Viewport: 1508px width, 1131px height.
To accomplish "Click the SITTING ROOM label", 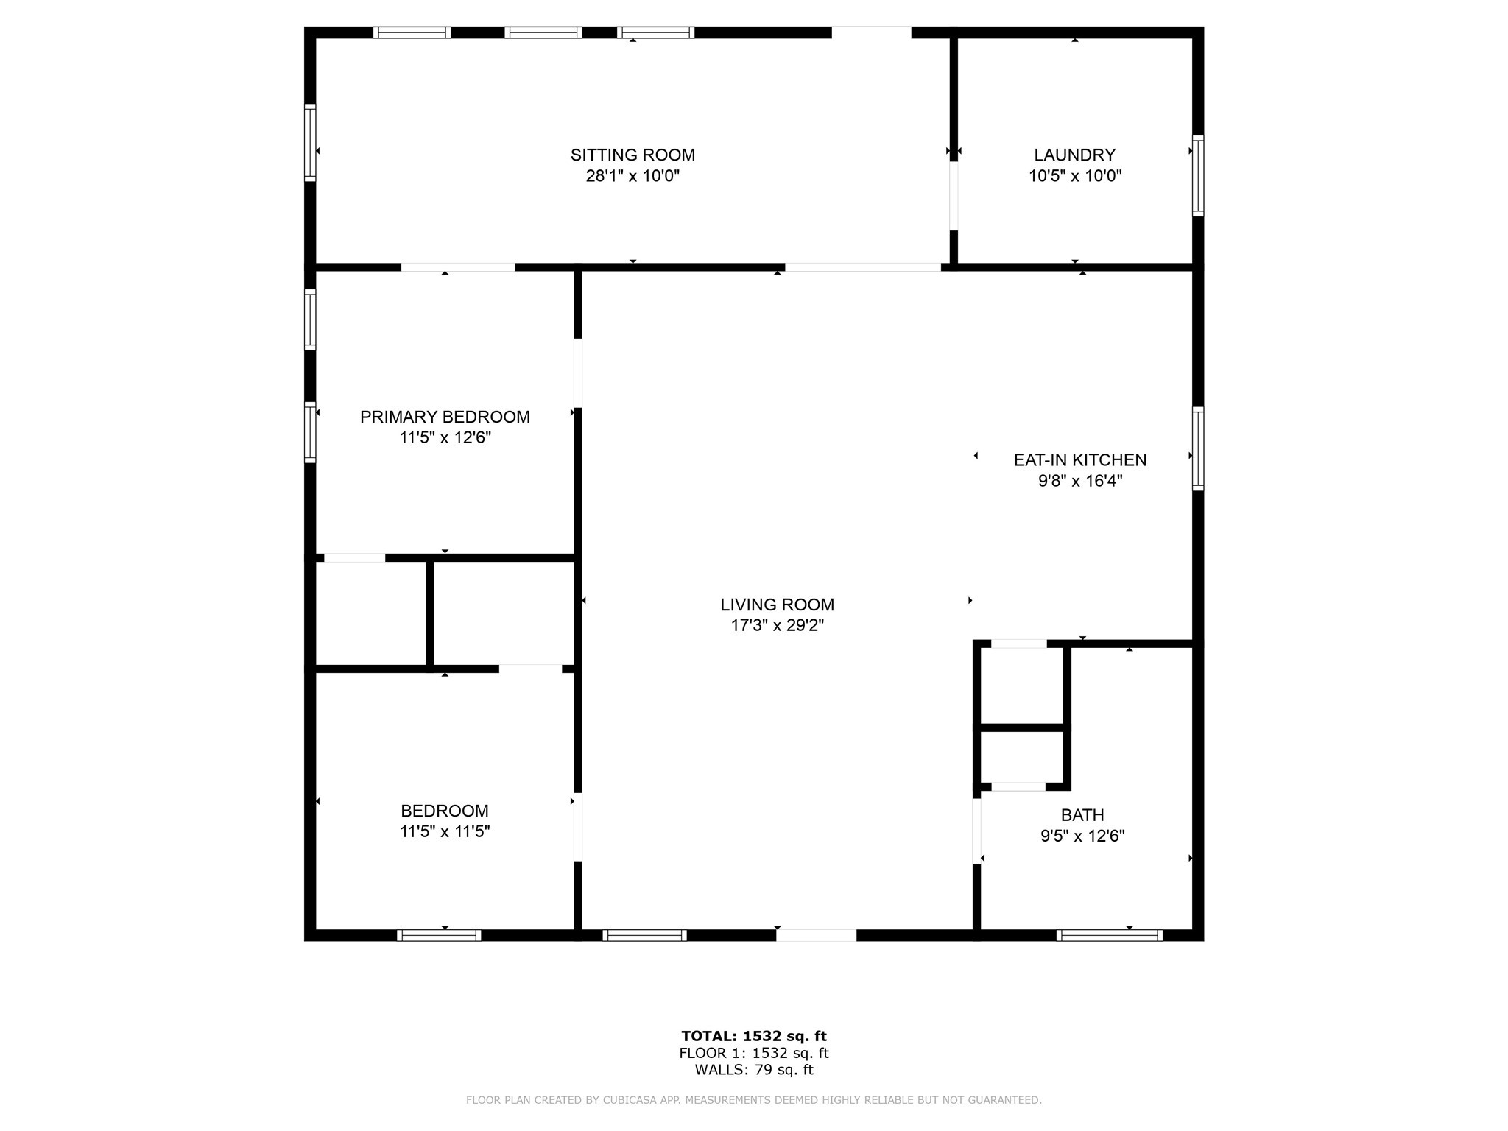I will pos(633,155).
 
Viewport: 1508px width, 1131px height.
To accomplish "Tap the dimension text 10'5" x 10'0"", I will pos(1075,176).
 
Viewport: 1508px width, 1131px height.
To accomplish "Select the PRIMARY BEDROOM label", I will pos(445,417).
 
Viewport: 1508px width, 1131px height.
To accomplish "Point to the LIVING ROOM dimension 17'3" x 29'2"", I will pos(777,625).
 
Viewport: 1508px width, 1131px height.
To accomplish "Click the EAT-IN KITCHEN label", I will pos(1080,459).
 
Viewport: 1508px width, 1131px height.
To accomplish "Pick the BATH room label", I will pos(1082,815).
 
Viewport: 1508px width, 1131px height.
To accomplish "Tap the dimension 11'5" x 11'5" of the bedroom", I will pos(445,831).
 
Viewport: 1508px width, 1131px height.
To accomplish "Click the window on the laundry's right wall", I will pos(1198,176).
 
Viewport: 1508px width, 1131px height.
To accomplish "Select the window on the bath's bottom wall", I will pos(1109,935).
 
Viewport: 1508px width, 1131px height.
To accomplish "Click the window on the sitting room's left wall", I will pos(310,143).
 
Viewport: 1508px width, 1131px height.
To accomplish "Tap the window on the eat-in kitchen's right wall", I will pos(1198,448).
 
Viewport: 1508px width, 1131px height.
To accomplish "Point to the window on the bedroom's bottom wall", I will pos(439,935).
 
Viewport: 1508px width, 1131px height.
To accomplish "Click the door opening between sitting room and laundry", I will pos(954,196).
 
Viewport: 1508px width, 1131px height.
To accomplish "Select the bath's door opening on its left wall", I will pos(977,831).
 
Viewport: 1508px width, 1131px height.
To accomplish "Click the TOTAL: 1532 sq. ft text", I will pos(754,1036).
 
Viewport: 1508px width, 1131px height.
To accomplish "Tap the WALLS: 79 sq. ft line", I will pos(754,1070).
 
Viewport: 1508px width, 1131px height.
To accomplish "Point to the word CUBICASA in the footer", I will pos(630,1100).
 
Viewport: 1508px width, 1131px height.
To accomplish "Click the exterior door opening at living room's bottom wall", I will pos(816,935).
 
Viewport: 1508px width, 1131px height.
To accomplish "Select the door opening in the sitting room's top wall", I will pos(872,32).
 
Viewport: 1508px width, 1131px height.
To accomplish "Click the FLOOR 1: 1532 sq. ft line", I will pos(754,1053).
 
